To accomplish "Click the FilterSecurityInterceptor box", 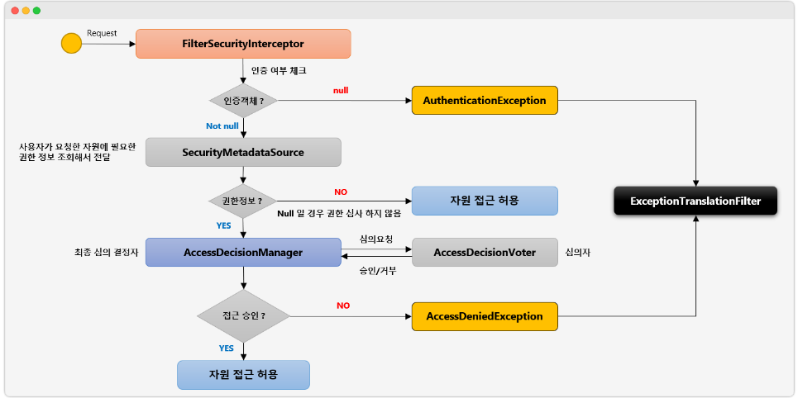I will coord(243,44).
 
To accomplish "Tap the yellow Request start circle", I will coord(72,43).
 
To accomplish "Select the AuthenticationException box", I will coord(485,101).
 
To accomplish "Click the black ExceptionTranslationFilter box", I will coord(695,201).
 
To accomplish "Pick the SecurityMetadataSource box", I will coord(243,153).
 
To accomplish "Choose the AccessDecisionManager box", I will coord(243,252).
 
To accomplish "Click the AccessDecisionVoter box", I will coord(485,252).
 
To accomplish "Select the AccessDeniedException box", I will coord(485,316).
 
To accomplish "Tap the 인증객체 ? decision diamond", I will coord(243,101).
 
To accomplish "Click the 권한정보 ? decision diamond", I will coord(243,201).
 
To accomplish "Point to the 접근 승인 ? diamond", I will coord(243,316).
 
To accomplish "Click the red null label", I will coord(341,89).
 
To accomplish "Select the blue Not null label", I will coord(222,126).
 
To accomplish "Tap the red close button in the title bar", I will coord(14,11).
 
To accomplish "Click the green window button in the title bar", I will coord(36,11).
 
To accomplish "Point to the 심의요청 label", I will coord(376,239).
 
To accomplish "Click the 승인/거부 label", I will coord(377,270).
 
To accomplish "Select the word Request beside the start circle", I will coord(102,34).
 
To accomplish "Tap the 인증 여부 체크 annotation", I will coord(279,70).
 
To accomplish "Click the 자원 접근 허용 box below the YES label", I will coord(243,375).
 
